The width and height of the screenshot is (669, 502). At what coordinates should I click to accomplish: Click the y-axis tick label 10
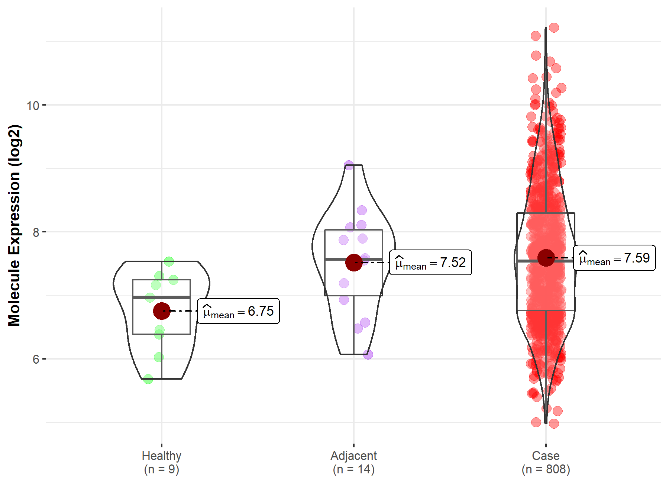click(33, 106)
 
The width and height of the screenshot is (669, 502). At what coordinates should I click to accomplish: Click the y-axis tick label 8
click(36, 232)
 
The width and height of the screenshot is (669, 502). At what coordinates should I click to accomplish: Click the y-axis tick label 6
click(36, 359)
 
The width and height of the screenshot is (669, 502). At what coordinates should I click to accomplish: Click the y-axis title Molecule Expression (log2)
click(14, 225)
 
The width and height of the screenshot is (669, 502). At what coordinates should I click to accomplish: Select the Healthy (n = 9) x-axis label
click(162, 462)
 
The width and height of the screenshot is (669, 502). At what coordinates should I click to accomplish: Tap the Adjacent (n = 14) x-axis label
click(354, 462)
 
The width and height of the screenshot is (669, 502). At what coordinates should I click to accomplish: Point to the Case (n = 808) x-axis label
click(546, 462)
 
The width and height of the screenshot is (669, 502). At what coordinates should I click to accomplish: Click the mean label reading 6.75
click(238, 311)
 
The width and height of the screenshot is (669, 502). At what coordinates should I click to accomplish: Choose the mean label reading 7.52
click(430, 263)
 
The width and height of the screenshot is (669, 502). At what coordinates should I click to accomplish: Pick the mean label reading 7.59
click(614, 258)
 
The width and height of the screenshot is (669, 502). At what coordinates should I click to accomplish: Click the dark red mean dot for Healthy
click(162, 311)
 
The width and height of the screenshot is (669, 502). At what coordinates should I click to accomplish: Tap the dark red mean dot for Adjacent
click(354, 263)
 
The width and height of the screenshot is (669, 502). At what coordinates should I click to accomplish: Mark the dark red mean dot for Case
click(546, 258)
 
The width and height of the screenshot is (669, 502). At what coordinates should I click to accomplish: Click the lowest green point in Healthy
click(148, 379)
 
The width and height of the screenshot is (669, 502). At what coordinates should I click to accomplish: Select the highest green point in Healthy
click(169, 261)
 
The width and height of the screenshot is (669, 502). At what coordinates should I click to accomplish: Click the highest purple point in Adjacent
click(349, 165)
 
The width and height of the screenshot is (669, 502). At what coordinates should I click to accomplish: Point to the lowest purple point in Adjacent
click(368, 354)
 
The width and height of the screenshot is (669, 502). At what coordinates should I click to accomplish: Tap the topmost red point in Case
click(554, 28)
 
